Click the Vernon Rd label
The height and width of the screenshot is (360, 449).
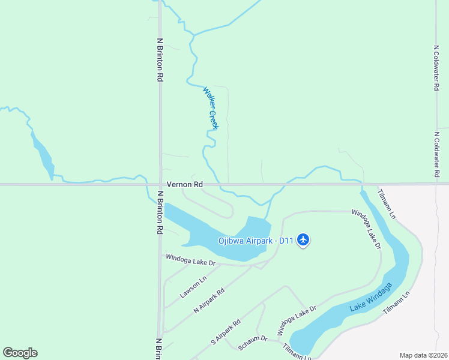pyautogui.click(x=184, y=185)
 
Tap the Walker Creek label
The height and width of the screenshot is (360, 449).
pyautogui.click(x=211, y=107)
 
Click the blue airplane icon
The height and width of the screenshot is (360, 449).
pyautogui.click(x=303, y=240)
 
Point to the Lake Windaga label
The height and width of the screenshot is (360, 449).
pyautogui.click(x=370, y=298)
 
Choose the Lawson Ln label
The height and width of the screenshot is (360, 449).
pyautogui.click(x=193, y=287)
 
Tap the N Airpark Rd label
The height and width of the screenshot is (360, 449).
pyautogui.click(x=209, y=301)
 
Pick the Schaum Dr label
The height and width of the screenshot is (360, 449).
pyautogui.click(x=252, y=343)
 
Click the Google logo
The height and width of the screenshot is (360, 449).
pyautogui.click(x=20, y=353)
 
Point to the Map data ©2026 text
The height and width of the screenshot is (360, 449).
pyautogui.click(x=423, y=355)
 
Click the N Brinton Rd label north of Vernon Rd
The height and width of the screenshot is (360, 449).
pyautogui.click(x=160, y=60)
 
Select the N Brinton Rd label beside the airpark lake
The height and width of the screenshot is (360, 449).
pyautogui.click(x=160, y=212)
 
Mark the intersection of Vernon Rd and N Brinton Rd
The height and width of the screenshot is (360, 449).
pyautogui.click(x=160, y=184)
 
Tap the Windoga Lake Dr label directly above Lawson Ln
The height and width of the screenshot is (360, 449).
pyautogui.click(x=190, y=259)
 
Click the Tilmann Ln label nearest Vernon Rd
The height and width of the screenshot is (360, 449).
pyautogui.click(x=387, y=203)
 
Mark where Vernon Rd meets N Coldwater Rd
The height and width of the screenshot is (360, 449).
pyautogui.click(x=437, y=184)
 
